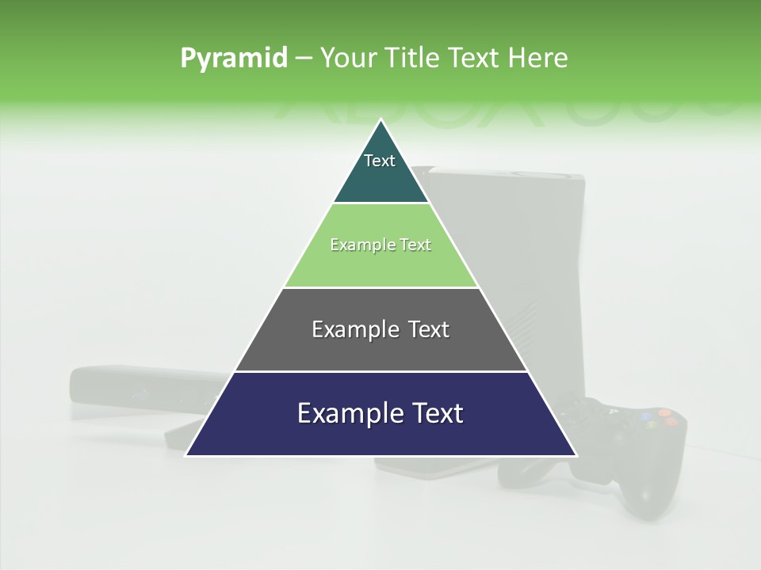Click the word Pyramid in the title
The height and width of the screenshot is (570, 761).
tap(233, 58)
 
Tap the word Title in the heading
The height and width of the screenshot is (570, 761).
tap(411, 58)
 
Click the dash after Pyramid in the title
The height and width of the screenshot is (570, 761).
tap(304, 59)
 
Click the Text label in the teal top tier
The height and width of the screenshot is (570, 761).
tap(380, 161)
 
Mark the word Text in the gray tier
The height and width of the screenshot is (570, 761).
tap(429, 329)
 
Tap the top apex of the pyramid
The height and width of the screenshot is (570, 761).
tap(381, 120)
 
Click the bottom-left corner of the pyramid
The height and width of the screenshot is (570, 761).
tap(187, 454)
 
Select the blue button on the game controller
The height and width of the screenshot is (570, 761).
tap(645, 415)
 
